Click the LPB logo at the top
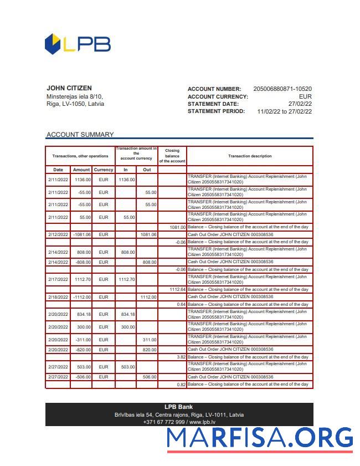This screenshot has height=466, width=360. tap(78, 44)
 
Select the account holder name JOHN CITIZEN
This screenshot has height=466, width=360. tap(69, 88)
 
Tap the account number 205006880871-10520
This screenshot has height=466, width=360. tap(282, 89)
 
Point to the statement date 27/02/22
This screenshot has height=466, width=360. tap(300, 104)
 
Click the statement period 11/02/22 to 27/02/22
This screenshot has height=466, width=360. tap(285, 111)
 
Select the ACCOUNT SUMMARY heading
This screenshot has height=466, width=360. tap(80, 135)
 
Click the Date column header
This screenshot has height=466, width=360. tap(58, 170)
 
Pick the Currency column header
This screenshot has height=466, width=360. tap(104, 170)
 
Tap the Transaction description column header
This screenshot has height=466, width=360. tap(250, 156)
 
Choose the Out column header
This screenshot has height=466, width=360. tap(147, 170)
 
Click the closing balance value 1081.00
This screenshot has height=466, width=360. tap(178, 227)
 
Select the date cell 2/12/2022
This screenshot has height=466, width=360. tap(58, 234)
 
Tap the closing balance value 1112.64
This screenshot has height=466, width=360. tap(177, 289)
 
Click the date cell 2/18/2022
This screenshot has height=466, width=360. tap(58, 297)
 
